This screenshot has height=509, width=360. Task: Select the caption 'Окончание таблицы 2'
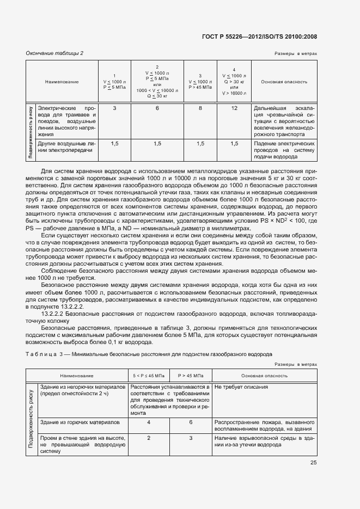54,53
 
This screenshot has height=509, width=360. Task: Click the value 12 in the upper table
234,109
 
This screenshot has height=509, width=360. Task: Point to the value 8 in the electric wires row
200,109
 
